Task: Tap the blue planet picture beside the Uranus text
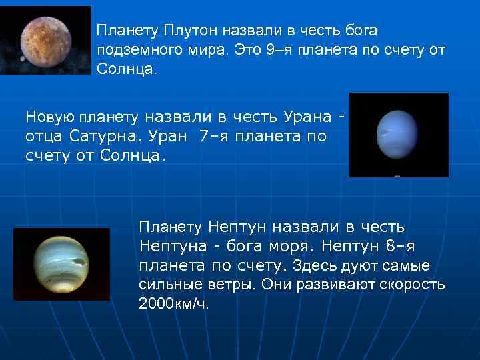click(399, 134)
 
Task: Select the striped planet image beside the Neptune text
click(61, 264)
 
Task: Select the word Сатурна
click(112, 137)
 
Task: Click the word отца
click(45, 137)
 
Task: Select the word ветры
click(229, 285)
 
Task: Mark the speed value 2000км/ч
click(173, 305)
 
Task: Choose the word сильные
click(168, 285)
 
